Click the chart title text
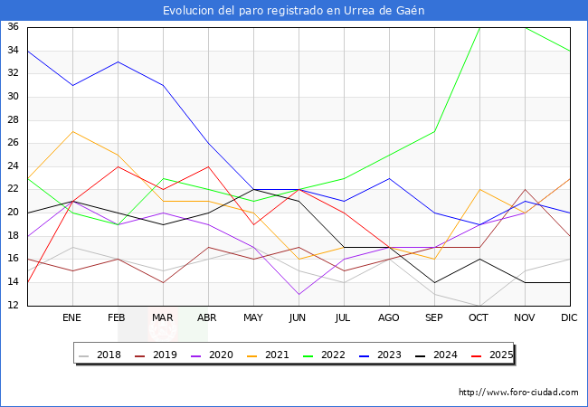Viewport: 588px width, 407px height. click(294, 11)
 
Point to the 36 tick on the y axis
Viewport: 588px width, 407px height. click(14, 27)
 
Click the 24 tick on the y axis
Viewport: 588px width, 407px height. click(14, 166)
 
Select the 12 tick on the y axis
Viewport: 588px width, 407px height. click(14, 306)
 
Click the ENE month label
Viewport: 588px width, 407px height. click(71, 318)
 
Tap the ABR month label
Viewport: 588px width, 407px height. click(208, 318)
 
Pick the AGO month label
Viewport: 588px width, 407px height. click(388, 318)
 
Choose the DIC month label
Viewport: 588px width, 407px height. click(570, 318)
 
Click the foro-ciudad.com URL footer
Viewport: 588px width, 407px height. click(518, 393)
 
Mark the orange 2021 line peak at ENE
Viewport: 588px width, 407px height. click(72, 131)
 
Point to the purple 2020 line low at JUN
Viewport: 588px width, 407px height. click(299, 294)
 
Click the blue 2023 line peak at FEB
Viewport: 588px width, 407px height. click(118, 62)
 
